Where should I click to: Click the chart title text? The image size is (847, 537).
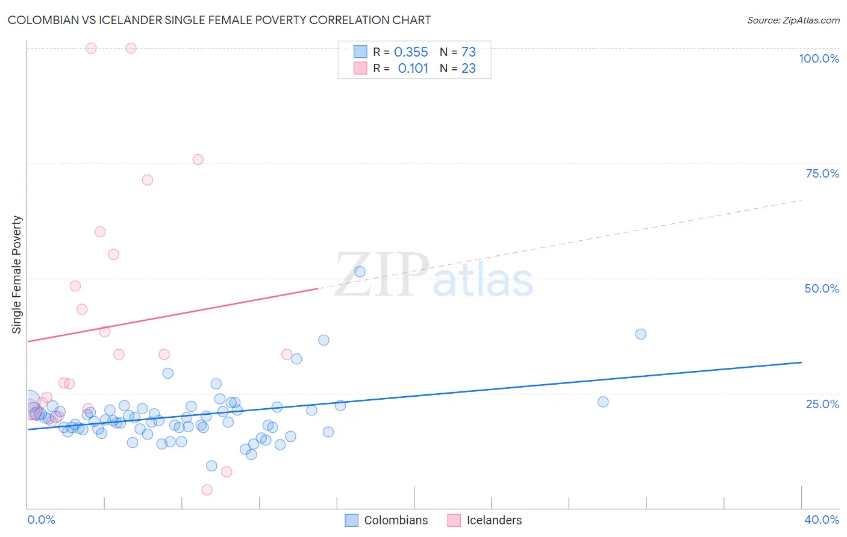click(219, 20)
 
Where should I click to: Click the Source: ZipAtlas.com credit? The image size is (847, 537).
click(793, 20)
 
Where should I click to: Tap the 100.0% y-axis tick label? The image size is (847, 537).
click(819, 58)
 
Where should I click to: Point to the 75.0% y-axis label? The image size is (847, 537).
click(822, 173)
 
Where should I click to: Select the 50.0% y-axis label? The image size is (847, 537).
click(822, 288)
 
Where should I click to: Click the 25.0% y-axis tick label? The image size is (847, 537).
click(822, 404)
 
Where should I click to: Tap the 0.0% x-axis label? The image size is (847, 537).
click(41, 520)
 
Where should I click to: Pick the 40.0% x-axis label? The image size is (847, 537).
click(821, 520)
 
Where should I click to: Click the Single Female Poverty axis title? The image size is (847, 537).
click(17, 275)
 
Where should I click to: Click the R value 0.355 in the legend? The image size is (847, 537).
click(411, 52)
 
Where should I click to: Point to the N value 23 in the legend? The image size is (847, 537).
click(469, 69)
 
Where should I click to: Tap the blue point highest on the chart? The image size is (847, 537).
click(360, 272)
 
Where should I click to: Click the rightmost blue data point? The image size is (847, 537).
click(640, 334)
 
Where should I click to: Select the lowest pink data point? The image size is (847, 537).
click(207, 490)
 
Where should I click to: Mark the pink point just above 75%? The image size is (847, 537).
click(198, 160)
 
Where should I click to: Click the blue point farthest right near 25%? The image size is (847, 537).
click(603, 402)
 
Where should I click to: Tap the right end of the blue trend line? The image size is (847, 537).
click(801, 362)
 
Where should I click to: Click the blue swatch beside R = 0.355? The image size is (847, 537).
click(360, 52)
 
